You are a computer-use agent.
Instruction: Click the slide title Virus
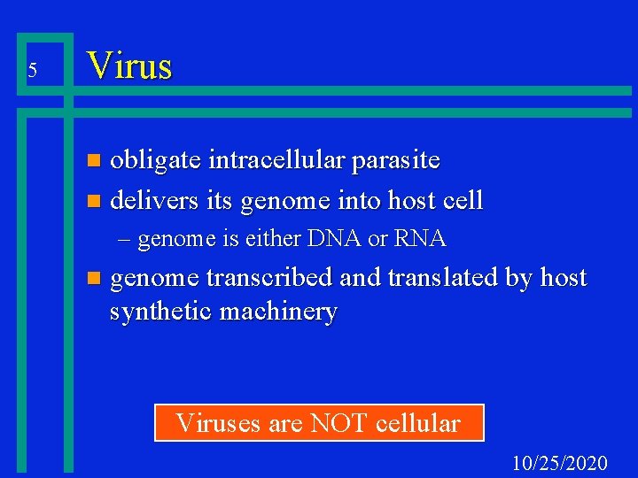click(128, 66)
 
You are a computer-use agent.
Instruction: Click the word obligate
click(156, 160)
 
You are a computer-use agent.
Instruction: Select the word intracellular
click(279, 160)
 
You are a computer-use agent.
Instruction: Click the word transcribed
click(270, 278)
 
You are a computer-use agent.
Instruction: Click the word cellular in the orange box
click(418, 423)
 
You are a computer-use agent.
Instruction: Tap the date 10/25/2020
click(560, 463)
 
